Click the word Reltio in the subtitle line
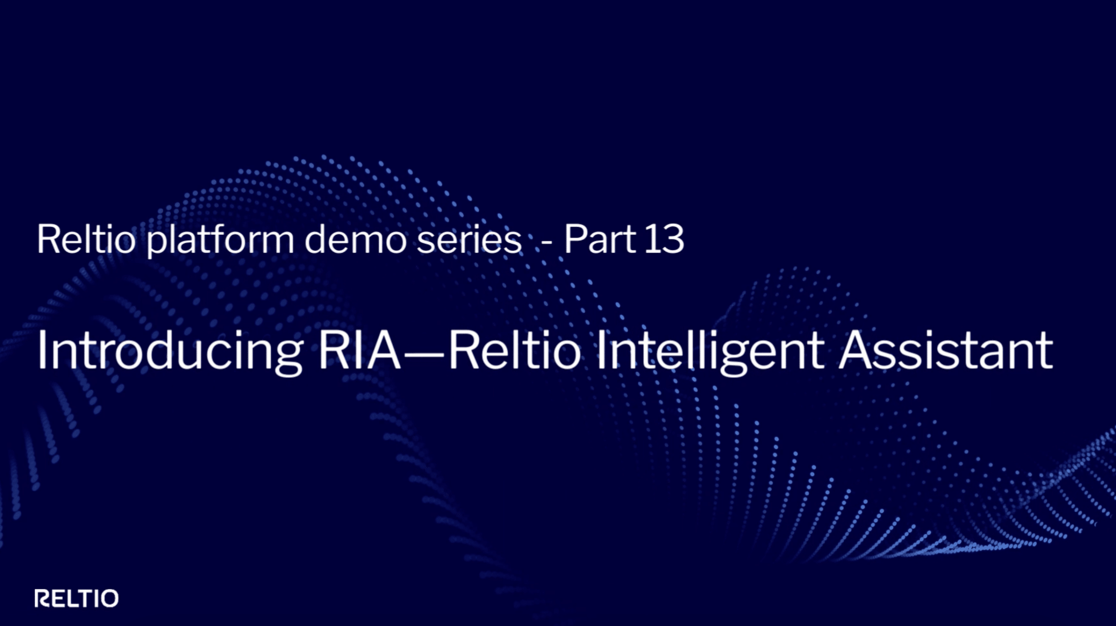point(86,239)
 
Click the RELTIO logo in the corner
point(76,599)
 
